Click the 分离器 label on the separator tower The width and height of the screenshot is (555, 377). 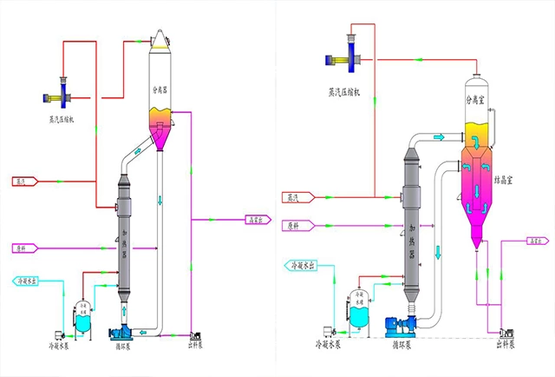pyautogui.click(x=162, y=89)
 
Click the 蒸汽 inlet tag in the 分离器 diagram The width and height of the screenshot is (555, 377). pyautogui.click(x=23, y=182)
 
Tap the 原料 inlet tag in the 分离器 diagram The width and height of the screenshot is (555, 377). pyautogui.click(x=23, y=248)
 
